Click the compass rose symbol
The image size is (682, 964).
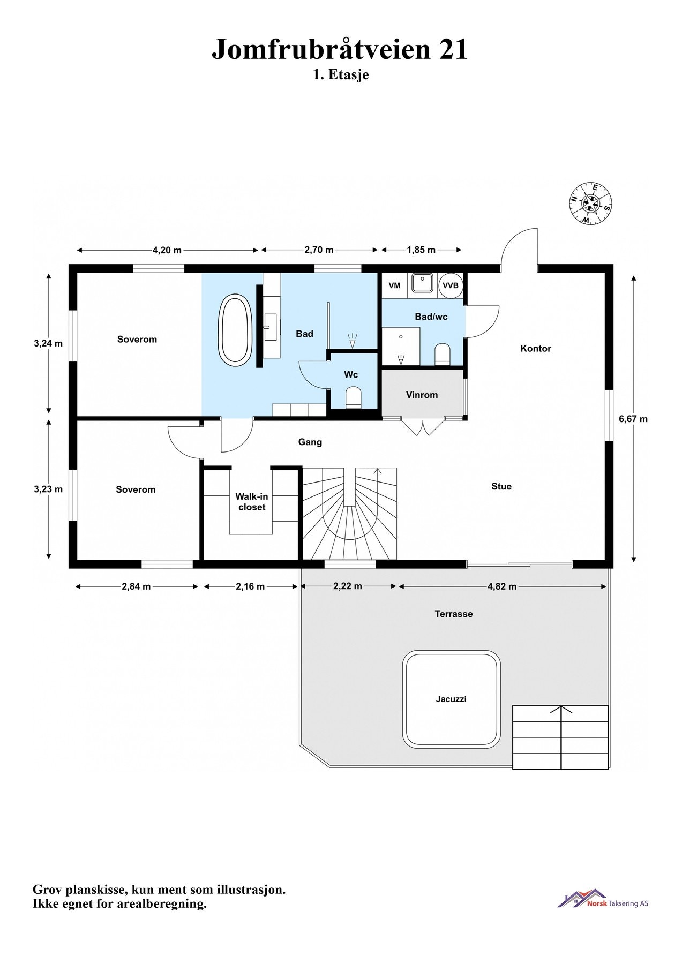(x=590, y=204)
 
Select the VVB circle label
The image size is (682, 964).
(x=451, y=285)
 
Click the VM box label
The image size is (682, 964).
(x=394, y=285)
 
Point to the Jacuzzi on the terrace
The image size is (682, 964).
(x=451, y=699)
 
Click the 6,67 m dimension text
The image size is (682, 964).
(x=633, y=419)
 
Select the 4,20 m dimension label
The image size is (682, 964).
(x=167, y=250)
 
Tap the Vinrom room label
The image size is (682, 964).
(x=422, y=395)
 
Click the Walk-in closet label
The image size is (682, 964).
(x=252, y=502)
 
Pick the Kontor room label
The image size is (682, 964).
(x=535, y=349)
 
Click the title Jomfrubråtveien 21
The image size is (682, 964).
(x=340, y=49)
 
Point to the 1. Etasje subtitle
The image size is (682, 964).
(x=341, y=74)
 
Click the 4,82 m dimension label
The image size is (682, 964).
(x=502, y=586)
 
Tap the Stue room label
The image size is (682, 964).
(x=501, y=486)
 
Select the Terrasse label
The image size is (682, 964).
(x=453, y=614)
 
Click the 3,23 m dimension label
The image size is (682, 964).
(x=48, y=489)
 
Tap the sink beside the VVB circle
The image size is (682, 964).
(x=422, y=283)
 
